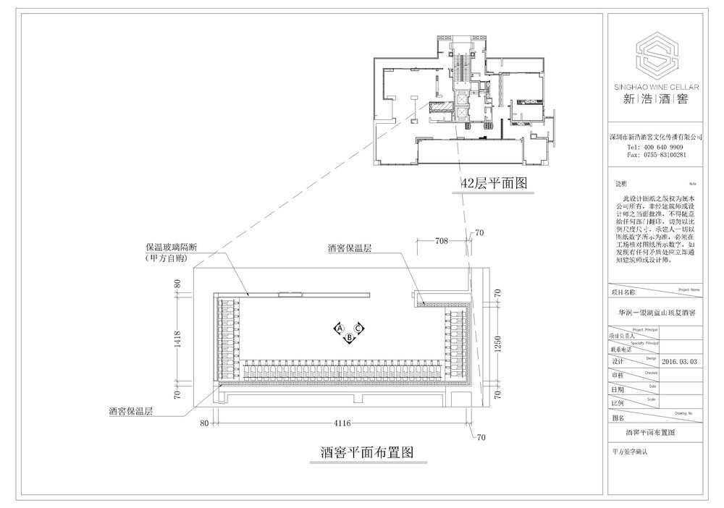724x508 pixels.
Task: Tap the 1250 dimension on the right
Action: tap(497, 350)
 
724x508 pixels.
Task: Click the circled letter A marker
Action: tap(338, 329)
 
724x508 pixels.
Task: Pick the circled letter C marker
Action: tap(360, 329)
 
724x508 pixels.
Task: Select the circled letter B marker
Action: tap(349, 336)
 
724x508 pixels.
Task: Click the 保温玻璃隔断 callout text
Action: tap(171, 246)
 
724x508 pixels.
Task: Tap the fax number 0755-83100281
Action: tap(665, 155)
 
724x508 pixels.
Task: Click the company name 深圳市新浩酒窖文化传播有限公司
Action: tap(657, 137)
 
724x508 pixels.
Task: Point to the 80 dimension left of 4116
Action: tap(204, 422)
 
